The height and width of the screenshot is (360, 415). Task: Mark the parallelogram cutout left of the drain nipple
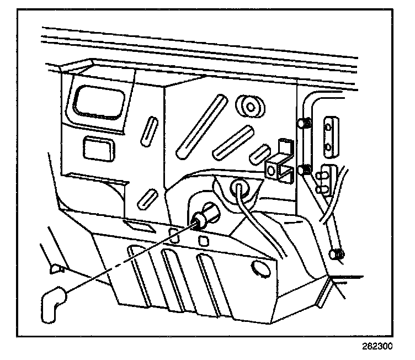pyautogui.click(x=137, y=224)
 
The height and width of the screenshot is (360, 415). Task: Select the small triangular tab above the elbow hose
pyautogui.click(x=56, y=269)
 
